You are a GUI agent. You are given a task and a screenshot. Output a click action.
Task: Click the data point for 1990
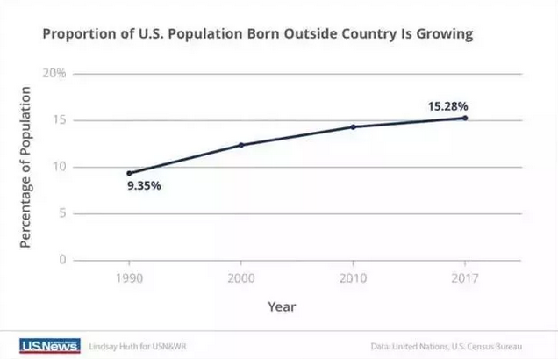[x=130, y=173]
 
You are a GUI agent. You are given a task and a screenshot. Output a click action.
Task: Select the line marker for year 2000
[x=241, y=145]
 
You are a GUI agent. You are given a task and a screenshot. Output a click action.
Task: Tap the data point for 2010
[x=353, y=126]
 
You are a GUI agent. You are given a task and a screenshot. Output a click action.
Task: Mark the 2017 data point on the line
[x=464, y=118]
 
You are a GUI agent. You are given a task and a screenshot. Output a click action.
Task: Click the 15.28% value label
[x=447, y=105]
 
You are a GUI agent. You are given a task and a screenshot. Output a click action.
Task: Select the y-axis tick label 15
[x=60, y=120]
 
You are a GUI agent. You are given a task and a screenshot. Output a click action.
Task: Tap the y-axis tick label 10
[x=60, y=167]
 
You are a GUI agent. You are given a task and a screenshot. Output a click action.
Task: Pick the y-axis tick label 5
[x=63, y=213]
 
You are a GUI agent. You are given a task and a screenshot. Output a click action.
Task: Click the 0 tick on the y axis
[x=63, y=260]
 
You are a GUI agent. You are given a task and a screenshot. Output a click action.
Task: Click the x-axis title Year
[x=283, y=306]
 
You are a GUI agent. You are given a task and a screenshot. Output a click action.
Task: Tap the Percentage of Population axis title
[x=26, y=167]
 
